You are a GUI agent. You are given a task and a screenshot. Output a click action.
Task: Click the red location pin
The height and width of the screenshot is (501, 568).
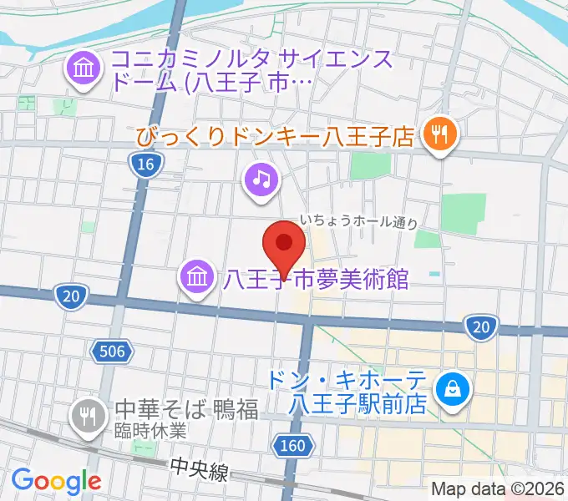284,246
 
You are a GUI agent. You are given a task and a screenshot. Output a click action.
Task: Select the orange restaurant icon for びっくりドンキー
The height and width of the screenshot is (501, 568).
438,133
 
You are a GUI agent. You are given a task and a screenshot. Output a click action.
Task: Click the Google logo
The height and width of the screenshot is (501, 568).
56,481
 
